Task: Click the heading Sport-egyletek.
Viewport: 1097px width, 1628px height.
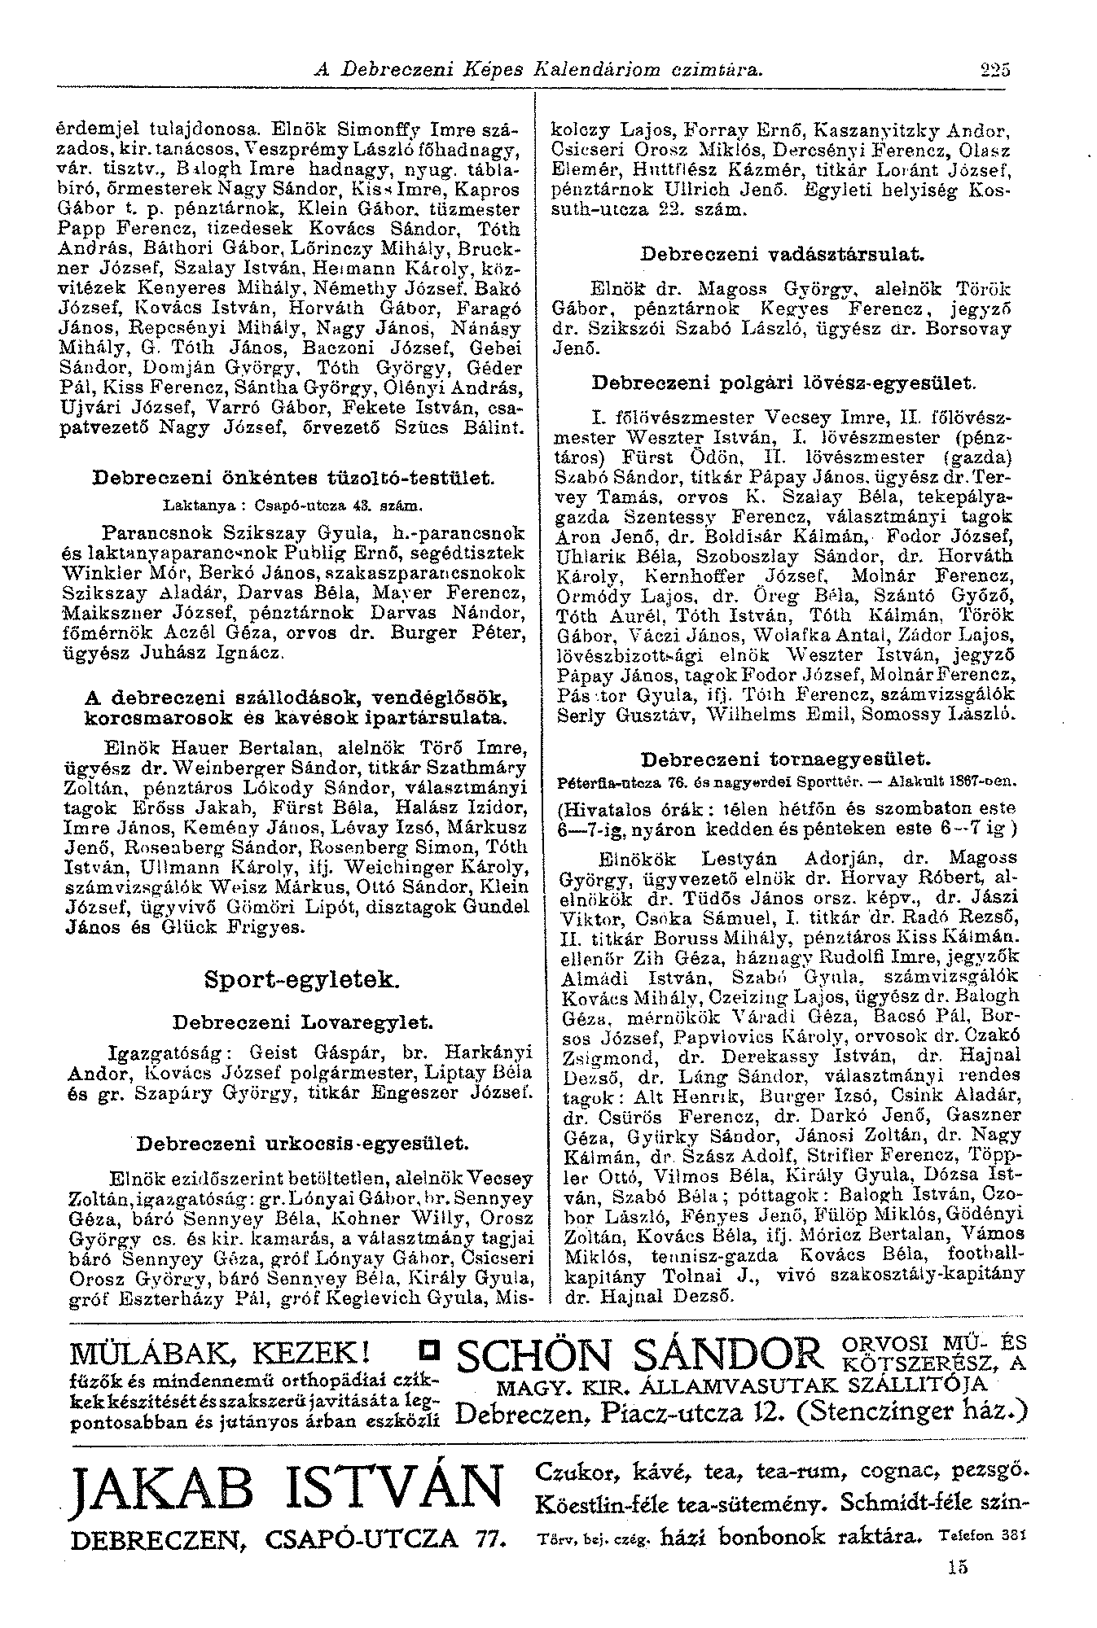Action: pos(302,978)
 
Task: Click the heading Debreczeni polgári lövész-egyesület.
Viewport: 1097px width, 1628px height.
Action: pos(783,380)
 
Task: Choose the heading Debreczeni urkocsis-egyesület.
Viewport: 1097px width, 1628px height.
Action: pos(302,1144)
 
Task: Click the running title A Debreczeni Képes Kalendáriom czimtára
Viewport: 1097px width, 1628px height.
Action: pos(538,70)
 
